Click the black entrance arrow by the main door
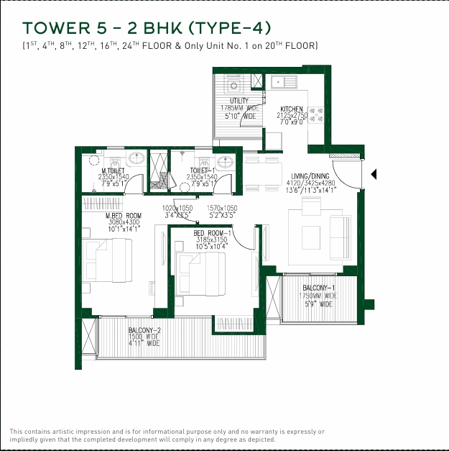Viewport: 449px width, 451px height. tap(373, 173)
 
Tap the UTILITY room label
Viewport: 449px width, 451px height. tap(239, 101)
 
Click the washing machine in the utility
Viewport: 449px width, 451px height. tap(233, 85)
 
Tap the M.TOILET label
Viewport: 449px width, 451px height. tap(113, 170)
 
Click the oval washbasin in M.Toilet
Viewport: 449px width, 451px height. tap(136, 159)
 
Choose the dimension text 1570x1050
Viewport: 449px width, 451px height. tap(222, 208)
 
